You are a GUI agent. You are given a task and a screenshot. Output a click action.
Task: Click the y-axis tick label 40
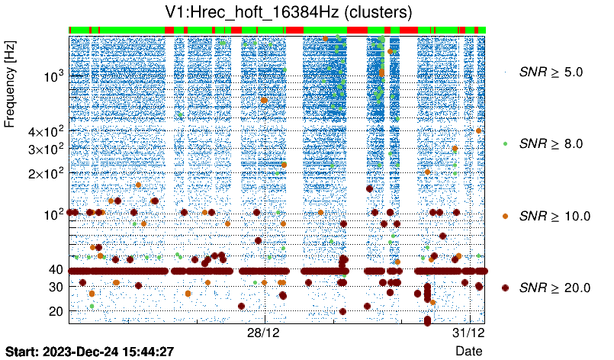(x=56, y=269)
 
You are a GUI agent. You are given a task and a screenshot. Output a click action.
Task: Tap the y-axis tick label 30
(x=56, y=287)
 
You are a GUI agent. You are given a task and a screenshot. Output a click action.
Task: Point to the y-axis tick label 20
(x=56, y=311)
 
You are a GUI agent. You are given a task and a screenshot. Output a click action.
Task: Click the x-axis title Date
(x=469, y=351)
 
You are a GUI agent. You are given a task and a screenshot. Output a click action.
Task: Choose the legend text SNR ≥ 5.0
(x=551, y=72)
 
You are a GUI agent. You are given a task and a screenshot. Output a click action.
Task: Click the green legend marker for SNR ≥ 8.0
(x=505, y=143)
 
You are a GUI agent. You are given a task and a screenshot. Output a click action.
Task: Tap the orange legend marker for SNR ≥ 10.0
(x=505, y=216)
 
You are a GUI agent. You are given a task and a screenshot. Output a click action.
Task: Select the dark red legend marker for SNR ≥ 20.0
(x=505, y=288)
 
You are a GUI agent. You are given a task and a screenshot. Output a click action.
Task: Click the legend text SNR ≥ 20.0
(x=555, y=288)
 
